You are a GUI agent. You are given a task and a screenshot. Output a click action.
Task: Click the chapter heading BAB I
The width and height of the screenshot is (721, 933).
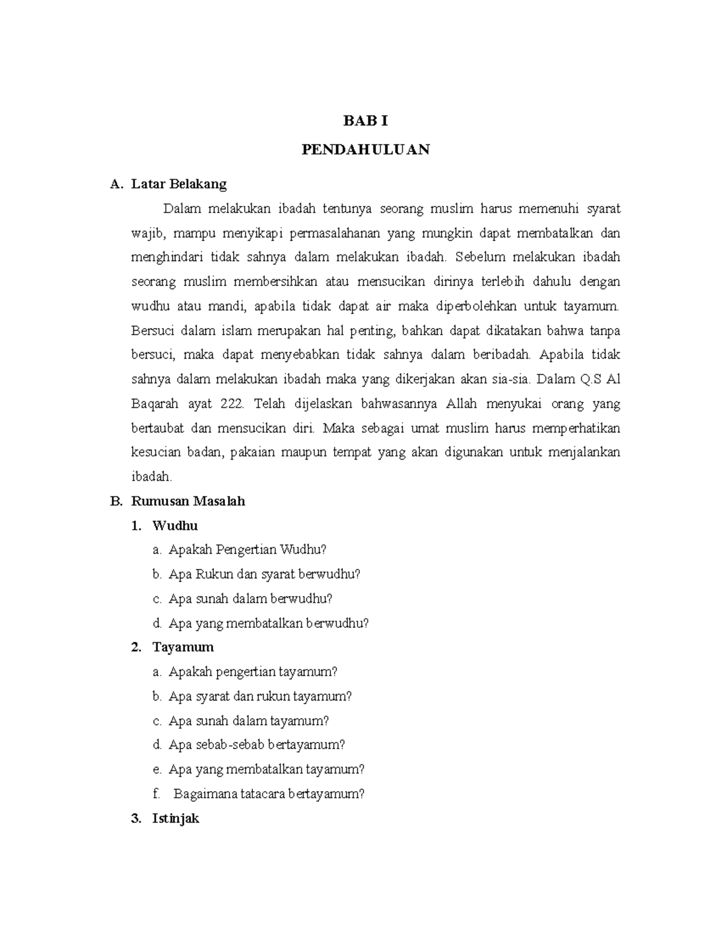[365, 121]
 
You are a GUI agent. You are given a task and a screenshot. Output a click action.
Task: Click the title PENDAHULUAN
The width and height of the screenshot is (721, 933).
[365, 150]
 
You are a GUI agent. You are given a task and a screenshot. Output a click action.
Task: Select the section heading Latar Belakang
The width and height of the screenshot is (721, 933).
[178, 184]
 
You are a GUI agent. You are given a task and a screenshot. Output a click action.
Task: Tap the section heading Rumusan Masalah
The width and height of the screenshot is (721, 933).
[188, 501]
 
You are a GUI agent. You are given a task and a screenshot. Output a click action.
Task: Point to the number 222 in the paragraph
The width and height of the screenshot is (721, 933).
[232, 404]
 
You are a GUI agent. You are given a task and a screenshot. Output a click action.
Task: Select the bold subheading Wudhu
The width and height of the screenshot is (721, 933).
[175, 526]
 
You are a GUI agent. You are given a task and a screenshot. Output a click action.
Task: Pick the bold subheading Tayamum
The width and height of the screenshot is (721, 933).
[183, 647]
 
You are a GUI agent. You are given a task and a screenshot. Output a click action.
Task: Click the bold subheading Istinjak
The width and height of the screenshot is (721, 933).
[175, 818]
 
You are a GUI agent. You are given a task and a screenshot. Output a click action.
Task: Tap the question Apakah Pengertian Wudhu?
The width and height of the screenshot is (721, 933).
[248, 550]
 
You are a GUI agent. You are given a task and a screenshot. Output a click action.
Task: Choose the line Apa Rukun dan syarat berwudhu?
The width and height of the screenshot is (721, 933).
[264, 574]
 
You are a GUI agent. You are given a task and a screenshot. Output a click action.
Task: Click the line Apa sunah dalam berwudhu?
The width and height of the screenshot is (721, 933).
[251, 599]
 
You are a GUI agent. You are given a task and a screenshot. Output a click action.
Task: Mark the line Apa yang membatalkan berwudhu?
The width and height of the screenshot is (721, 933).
[269, 623]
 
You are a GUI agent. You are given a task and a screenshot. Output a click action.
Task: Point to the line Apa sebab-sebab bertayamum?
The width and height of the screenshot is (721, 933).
[257, 745]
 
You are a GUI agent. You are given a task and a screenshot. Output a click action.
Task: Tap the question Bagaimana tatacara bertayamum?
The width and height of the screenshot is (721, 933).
[269, 794]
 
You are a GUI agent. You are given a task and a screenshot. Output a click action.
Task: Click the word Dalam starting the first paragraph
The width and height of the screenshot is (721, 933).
[181, 209]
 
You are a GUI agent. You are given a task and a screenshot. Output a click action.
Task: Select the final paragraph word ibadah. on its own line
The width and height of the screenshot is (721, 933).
[151, 477]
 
